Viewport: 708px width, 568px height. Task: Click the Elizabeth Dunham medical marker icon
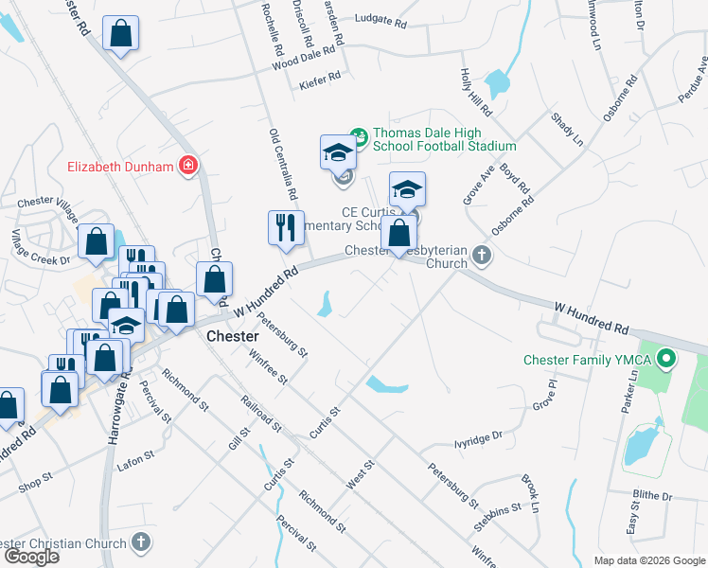188,167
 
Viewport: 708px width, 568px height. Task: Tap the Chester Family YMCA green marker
666,359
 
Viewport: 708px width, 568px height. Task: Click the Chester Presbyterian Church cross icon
483,254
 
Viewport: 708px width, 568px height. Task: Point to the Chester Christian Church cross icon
141,542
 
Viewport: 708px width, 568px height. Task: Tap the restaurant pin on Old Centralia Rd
286,228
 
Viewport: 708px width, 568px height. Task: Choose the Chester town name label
232,337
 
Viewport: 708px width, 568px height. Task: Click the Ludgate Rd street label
380,19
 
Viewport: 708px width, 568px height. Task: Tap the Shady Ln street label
566,129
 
